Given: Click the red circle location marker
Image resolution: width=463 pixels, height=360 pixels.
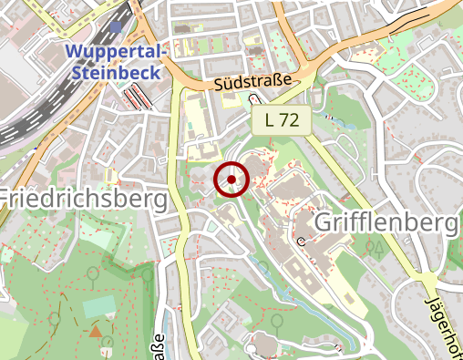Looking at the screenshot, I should (x=231, y=180).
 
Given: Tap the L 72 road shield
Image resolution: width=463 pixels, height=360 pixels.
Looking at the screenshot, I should (x=282, y=119).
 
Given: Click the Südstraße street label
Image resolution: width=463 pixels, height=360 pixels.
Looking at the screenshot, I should (x=254, y=83).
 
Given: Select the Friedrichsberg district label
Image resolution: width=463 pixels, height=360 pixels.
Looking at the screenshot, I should (x=83, y=198).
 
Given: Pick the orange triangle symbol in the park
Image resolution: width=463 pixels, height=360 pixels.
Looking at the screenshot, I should (x=96, y=331).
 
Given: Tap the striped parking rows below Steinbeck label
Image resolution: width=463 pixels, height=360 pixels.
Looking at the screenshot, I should (x=137, y=96).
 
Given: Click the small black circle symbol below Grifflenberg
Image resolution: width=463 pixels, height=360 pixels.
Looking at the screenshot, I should (x=302, y=242).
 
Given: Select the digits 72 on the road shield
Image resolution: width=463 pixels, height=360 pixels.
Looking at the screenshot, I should (x=290, y=119).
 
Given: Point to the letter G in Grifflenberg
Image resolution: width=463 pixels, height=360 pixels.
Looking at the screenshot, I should (x=324, y=221).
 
